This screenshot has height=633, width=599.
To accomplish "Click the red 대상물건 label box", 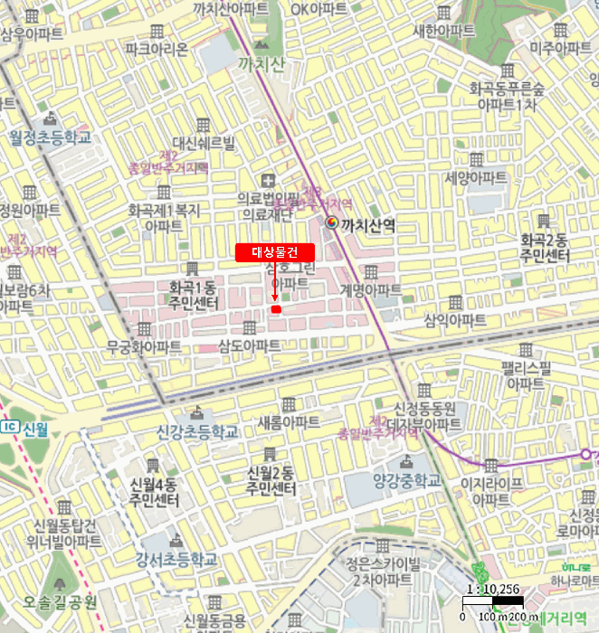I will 274,252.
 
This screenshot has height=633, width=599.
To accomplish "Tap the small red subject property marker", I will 276,310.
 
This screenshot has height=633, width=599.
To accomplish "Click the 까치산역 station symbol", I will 331,223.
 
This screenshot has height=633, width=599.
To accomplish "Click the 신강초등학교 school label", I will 197,431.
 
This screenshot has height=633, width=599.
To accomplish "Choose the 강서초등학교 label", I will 176,560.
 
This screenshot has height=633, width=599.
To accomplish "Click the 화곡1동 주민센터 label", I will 192,296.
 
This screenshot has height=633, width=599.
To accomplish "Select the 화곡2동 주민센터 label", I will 545,248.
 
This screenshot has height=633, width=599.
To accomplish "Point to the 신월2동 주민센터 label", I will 271,481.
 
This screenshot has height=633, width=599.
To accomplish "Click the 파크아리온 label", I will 157,48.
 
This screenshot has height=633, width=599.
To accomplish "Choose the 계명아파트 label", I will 371,289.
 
